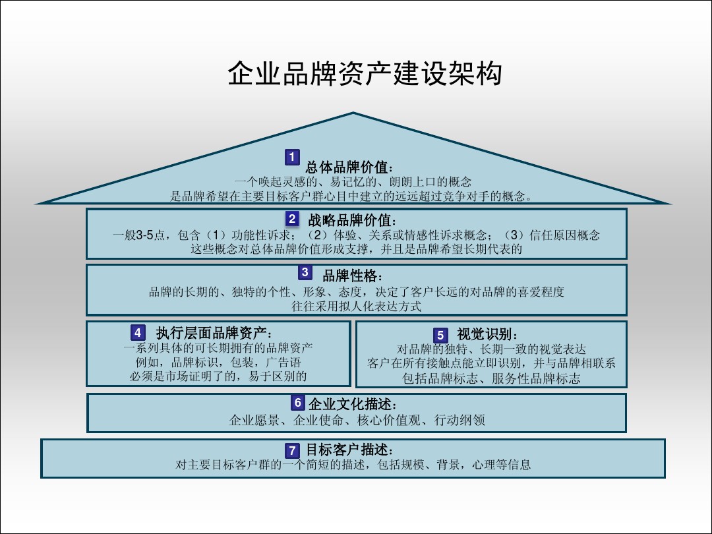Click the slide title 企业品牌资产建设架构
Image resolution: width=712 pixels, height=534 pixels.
(x=365, y=73)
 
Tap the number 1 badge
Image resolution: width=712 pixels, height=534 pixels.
(x=293, y=157)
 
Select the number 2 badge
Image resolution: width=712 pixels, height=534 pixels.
(x=293, y=219)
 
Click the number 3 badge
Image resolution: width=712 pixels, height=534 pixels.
(x=305, y=272)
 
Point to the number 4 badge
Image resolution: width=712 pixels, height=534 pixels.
(x=138, y=332)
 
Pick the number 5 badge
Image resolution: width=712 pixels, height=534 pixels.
(x=440, y=335)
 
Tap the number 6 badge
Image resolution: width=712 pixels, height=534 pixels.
(x=298, y=402)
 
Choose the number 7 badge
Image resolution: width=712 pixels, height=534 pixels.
(x=293, y=450)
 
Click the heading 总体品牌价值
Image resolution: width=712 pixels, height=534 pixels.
(x=349, y=167)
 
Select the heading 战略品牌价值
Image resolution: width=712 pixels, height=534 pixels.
(x=351, y=220)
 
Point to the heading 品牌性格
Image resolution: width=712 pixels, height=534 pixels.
(x=352, y=275)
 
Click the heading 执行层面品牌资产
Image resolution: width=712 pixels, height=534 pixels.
(x=214, y=334)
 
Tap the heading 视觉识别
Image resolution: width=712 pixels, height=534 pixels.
(x=487, y=334)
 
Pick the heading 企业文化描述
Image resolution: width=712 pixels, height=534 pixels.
(x=353, y=403)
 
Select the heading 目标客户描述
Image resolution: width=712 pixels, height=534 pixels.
(x=349, y=450)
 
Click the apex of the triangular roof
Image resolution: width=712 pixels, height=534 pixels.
(x=353, y=113)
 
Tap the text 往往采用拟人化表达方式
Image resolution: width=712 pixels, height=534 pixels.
(x=357, y=306)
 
